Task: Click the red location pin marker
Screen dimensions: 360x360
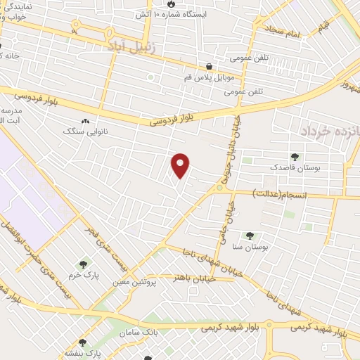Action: (181, 165)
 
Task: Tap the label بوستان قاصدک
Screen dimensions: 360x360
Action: (294, 168)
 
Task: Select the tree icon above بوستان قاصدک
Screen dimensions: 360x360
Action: (294, 157)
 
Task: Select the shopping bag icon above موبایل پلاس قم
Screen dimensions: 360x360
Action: (210, 67)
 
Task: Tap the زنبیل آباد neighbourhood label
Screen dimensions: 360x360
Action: (124, 46)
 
